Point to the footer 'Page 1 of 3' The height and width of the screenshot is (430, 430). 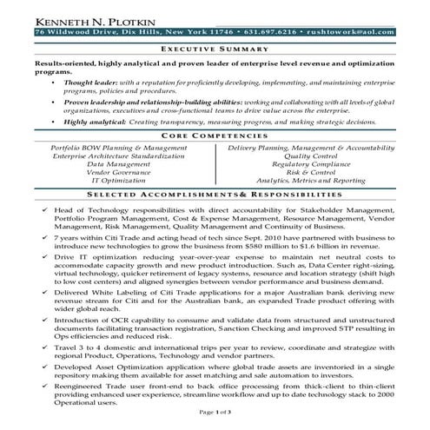(214, 420)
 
